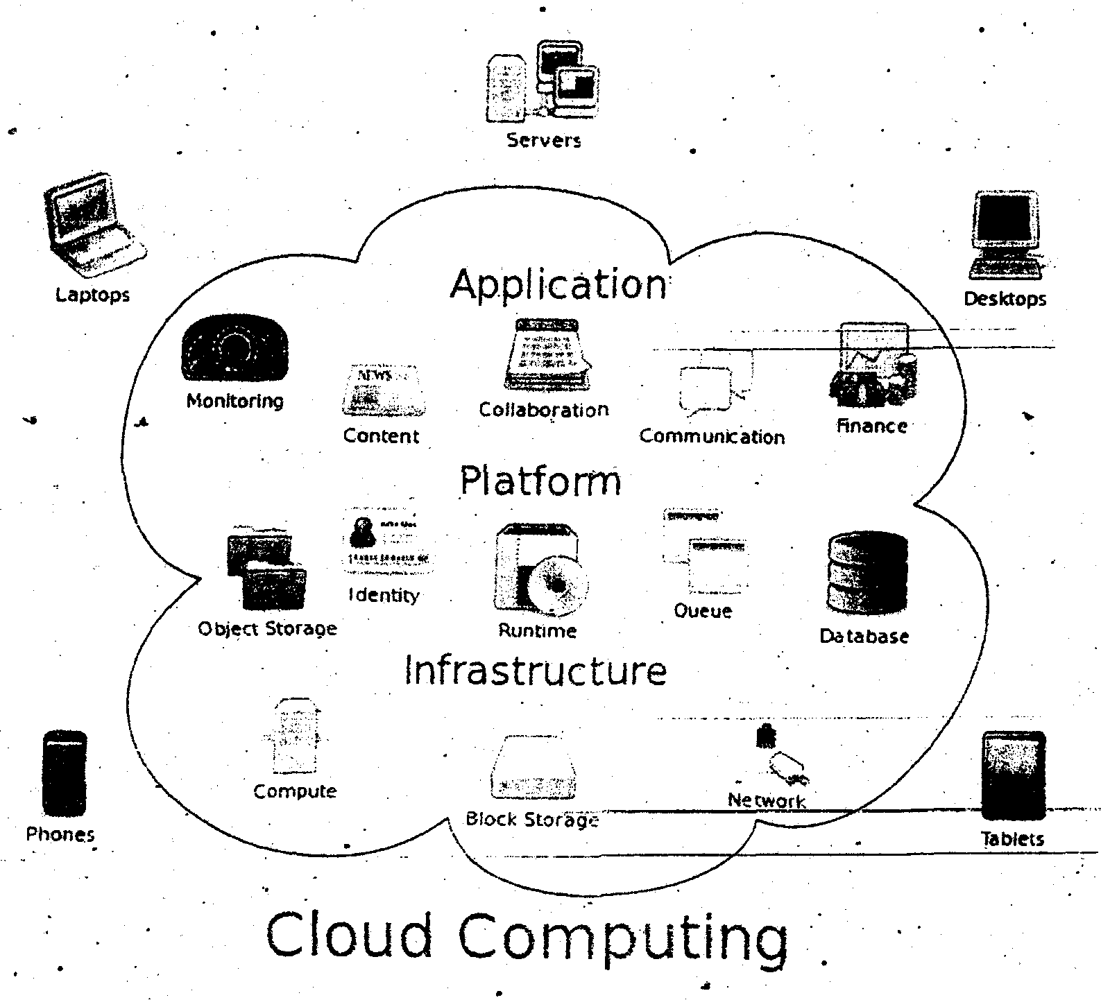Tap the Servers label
pos(543,141)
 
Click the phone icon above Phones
pos(65,773)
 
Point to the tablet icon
pos(1013,775)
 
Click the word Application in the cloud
pos(558,284)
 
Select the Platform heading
pos(540,481)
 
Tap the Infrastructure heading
pos(535,671)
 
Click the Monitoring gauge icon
pos(234,350)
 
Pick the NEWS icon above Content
pos(382,391)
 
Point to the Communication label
pos(712,437)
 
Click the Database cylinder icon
pos(867,573)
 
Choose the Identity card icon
pos(386,544)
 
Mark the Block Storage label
pos(532,820)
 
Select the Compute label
pos(295,791)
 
